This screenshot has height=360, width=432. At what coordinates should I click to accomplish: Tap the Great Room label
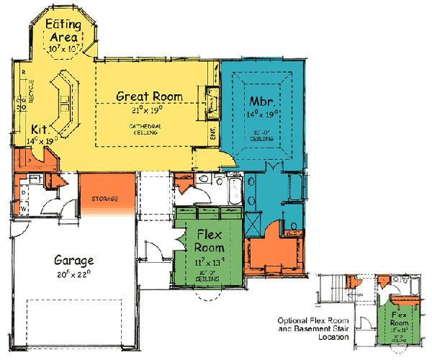[149, 96]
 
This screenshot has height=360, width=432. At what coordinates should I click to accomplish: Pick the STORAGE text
[104, 198]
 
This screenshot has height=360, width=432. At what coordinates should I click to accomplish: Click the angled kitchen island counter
[66, 108]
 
